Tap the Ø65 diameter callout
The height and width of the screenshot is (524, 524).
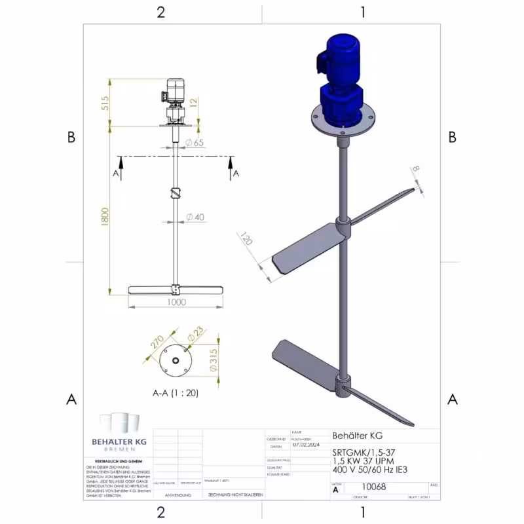tap(194, 142)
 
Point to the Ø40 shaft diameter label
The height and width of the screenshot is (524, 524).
tap(195, 217)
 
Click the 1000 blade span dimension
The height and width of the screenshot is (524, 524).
tap(175, 302)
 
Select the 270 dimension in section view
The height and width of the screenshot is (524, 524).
tap(157, 341)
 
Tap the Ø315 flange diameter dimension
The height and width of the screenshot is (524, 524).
tap(214, 360)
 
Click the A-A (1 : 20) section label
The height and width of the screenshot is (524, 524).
tap(175, 393)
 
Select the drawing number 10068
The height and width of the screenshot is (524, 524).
tap(374, 487)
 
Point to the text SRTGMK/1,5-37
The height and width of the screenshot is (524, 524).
tap(364, 452)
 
